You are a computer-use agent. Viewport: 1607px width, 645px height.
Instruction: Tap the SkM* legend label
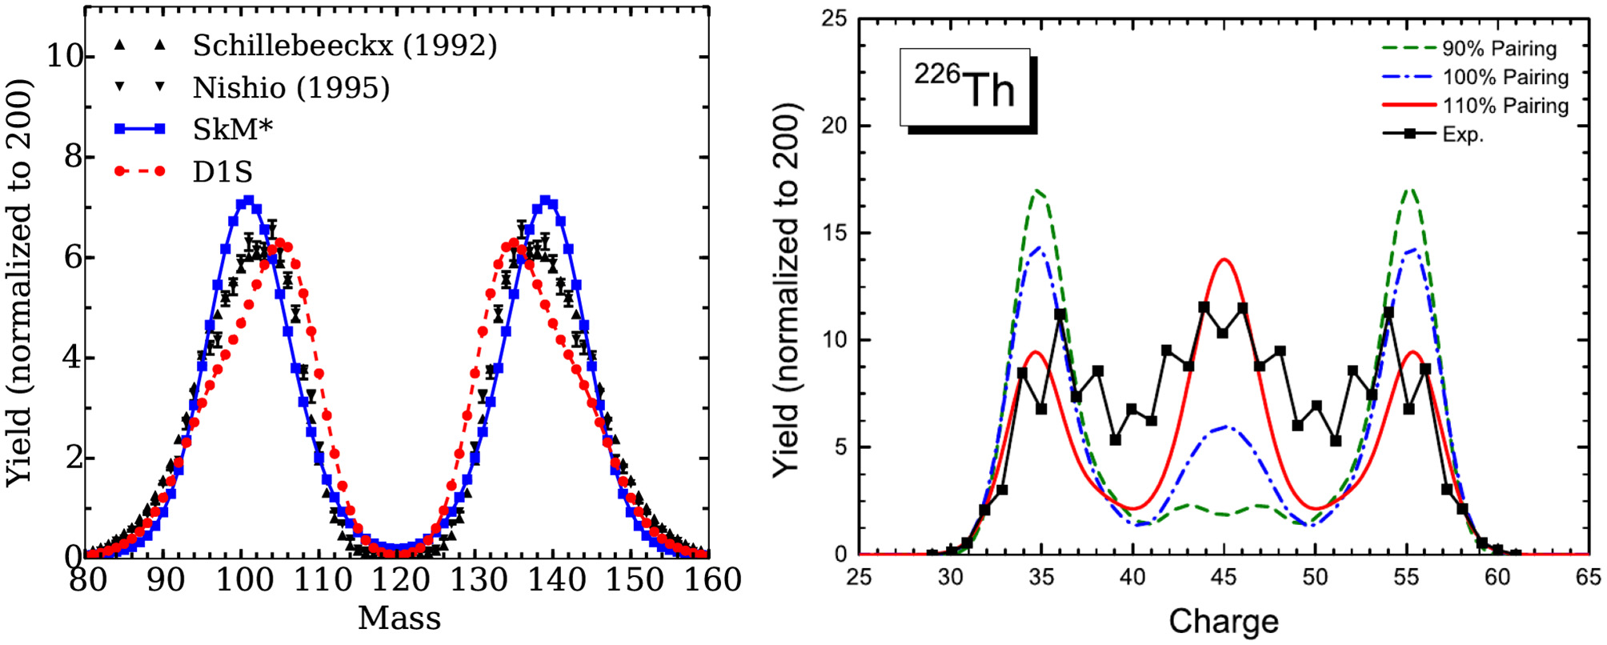[x=233, y=129]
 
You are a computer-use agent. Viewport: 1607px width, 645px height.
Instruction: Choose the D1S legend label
[x=222, y=171]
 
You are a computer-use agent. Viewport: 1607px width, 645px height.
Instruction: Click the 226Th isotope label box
[x=965, y=88]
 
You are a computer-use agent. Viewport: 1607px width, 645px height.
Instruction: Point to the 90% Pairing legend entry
[x=1499, y=49]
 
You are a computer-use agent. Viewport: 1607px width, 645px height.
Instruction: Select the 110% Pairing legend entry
[x=1505, y=106]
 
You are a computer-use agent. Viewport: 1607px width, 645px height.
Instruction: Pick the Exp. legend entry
[x=1462, y=134]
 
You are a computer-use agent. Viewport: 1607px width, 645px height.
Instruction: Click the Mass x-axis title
[x=399, y=619]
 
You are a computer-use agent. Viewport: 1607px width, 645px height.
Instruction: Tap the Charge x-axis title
[x=1223, y=621]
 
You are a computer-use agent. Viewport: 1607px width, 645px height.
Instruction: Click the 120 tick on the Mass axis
[x=399, y=579]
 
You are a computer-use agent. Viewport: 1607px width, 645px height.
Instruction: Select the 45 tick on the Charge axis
[x=1224, y=578]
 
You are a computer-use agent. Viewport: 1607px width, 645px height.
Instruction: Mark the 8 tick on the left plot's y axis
[x=74, y=157]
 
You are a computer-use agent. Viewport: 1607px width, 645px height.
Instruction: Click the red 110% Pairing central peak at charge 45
[x=1224, y=259]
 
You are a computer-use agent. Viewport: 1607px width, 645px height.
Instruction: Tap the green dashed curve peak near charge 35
[x=1038, y=190]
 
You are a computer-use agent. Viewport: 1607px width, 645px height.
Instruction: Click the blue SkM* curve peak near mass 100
[x=248, y=201]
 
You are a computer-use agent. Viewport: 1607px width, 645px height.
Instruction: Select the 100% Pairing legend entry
[x=1505, y=78]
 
